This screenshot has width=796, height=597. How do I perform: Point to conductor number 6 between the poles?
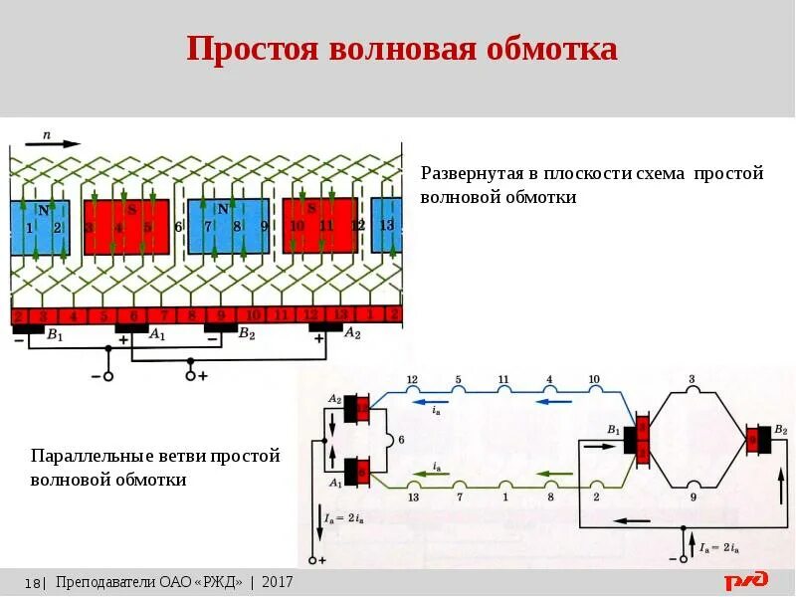point(178,227)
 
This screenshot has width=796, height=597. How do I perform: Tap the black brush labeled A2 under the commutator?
point(325,327)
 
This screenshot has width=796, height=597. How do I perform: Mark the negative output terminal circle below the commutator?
point(108,376)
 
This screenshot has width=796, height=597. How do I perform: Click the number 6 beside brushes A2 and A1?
point(401,438)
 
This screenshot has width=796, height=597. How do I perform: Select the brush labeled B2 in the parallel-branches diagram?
point(760,438)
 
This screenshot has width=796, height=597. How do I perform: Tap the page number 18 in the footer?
point(33,582)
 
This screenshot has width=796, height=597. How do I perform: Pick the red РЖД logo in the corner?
point(745,580)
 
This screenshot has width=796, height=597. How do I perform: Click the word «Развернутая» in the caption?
point(472,173)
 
